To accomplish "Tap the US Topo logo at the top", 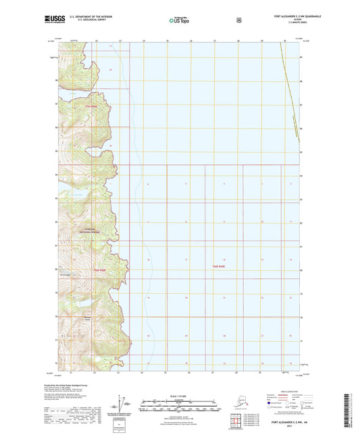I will click(x=179, y=21).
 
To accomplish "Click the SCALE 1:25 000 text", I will click(x=179, y=394).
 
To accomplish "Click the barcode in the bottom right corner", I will click(x=350, y=408).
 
